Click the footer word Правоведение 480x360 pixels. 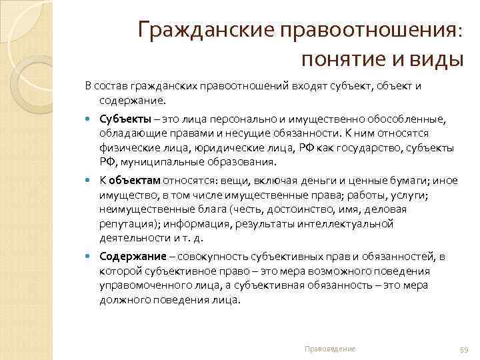click(x=329, y=349)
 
